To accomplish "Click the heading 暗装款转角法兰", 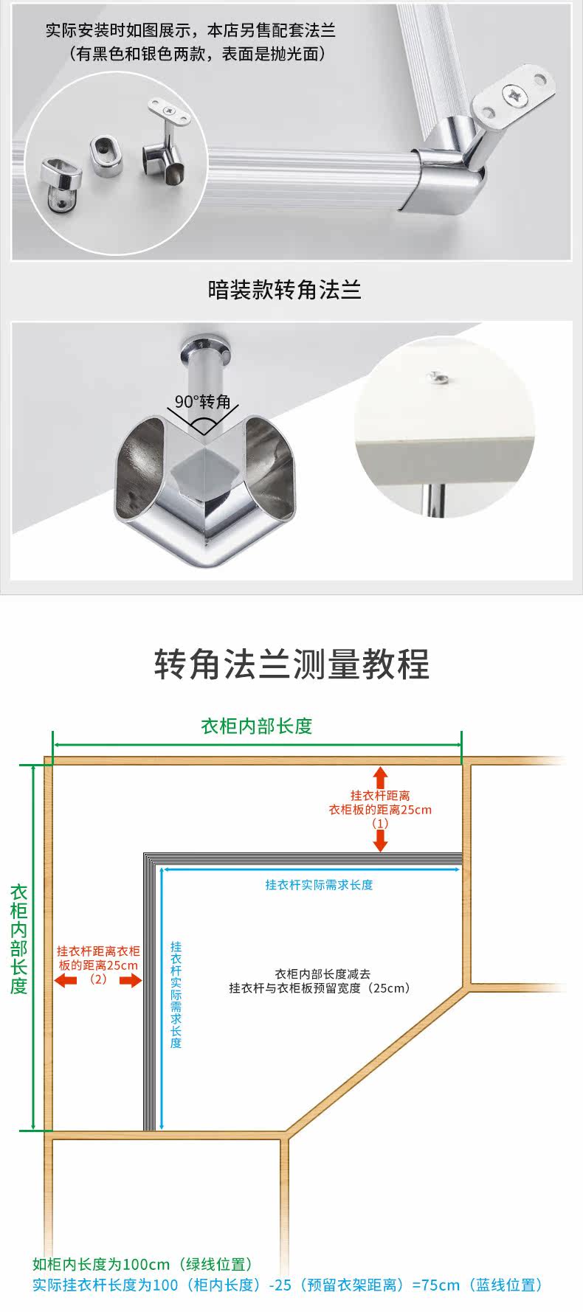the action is tap(285, 289).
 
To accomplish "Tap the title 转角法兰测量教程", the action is tap(291, 664).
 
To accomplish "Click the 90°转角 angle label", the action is tap(203, 402).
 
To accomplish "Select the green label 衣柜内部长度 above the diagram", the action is tap(257, 726).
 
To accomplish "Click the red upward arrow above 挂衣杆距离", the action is tap(380, 777).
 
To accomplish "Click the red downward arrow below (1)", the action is tap(380, 840).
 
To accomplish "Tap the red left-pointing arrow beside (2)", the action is tap(66, 980).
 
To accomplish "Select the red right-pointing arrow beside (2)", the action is tap(131, 980).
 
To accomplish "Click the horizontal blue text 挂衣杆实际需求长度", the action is tap(319, 885).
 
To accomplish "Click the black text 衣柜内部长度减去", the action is tap(322, 974).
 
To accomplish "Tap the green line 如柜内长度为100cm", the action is tap(143, 1264).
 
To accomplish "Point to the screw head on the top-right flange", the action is tap(514, 94).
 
